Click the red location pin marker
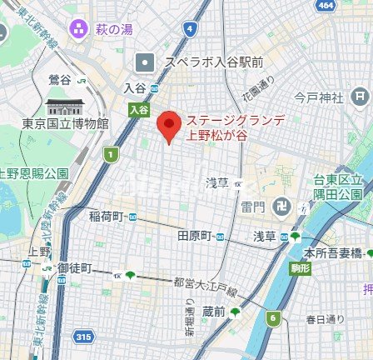click(169, 125)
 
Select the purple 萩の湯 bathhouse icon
click(79, 28)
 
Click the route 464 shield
click(327, 5)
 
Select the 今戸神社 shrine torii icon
click(360, 97)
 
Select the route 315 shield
click(83, 336)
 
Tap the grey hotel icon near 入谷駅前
click(147, 62)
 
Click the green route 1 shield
click(112, 156)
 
